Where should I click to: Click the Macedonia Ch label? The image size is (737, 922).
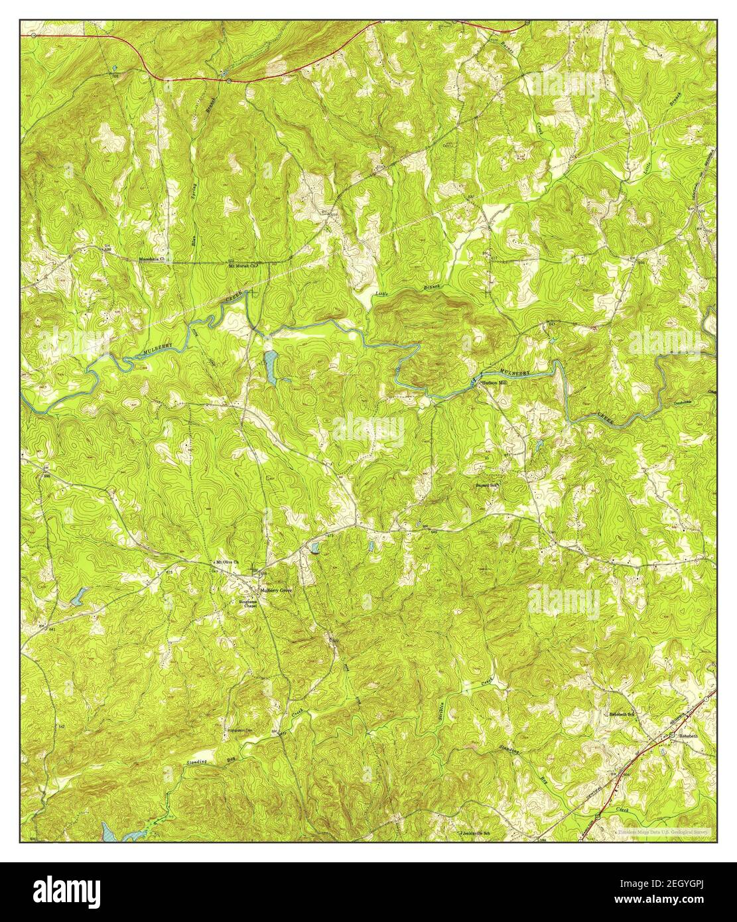pos(155,259)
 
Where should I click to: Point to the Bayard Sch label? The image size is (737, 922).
pos(486,485)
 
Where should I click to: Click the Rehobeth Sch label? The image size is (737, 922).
pos(623,714)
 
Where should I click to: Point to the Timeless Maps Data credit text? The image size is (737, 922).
pos(661,831)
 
